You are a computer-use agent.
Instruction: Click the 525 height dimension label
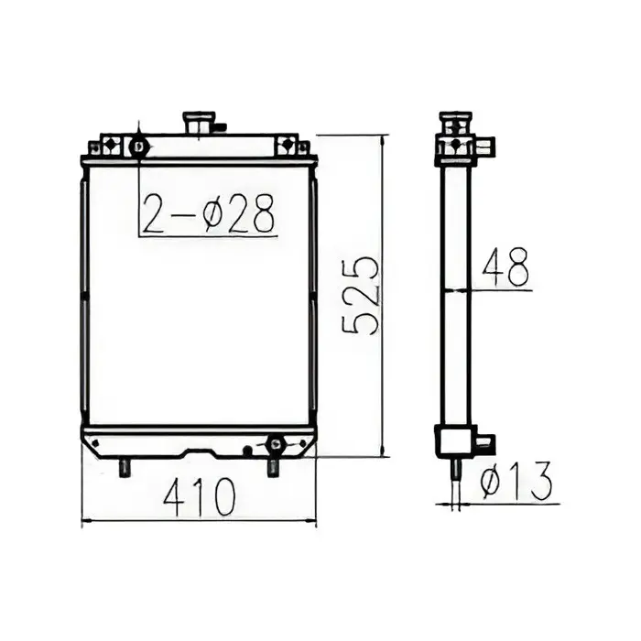360,295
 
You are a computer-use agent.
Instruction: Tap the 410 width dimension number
199,497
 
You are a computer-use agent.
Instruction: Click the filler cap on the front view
199,123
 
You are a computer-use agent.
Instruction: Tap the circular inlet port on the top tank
138,147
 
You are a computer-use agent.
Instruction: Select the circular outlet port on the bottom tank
274,445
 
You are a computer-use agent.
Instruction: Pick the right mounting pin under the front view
273,467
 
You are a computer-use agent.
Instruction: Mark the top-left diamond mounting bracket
108,146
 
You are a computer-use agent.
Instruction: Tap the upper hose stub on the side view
485,145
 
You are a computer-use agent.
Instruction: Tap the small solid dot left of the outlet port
246,449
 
